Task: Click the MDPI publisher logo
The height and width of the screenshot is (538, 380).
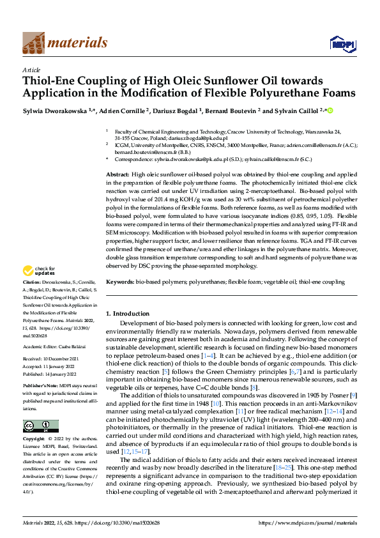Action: (339, 43)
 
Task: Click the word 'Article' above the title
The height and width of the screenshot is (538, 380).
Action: (31, 70)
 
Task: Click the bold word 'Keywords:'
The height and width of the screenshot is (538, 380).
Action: (120, 281)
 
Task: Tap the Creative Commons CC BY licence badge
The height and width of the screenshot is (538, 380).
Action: (40, 426)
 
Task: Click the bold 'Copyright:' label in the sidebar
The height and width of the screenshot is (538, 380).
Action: (36, 440)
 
